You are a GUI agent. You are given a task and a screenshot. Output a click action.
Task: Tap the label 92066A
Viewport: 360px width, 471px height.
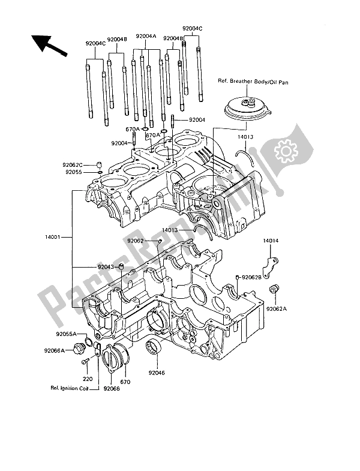click(x=56, y=351)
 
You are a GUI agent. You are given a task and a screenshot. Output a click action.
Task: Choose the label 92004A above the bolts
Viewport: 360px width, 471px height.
click(x=146, y=36)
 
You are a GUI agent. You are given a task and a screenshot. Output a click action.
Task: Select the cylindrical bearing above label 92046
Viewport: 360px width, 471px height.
click(x=157, y=347)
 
